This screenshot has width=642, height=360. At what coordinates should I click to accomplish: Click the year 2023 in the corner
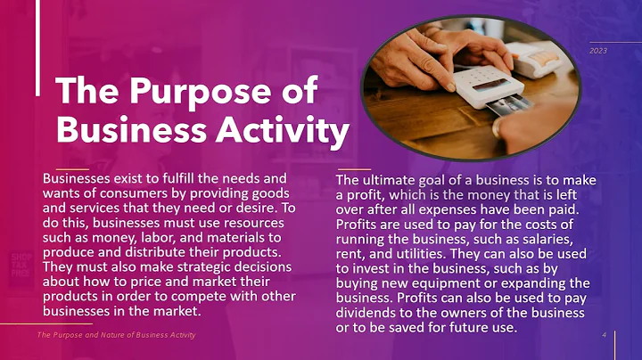[x=597, y=51]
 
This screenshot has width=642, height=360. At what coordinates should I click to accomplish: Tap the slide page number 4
[x=605, y=334]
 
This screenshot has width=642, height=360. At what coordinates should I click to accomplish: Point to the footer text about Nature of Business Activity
[x=116, y=334]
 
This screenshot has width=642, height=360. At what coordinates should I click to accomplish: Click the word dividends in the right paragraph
[x=366, y=314]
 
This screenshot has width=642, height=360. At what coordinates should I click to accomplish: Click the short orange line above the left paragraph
[x=71, y=168]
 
